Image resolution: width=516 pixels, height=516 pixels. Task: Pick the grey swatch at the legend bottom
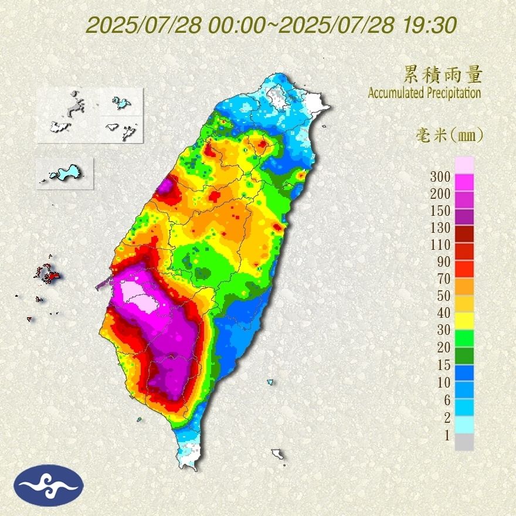tap(464, 442)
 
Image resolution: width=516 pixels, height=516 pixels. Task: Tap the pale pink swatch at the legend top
tap(464, 165)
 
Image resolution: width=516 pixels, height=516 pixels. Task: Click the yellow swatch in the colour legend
tap(464, 321)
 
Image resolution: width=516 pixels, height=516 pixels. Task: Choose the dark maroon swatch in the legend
tap(464, 235)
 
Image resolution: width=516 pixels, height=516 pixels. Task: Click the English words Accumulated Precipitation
tap(424, 93)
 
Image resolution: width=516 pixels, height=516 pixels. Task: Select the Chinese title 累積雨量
tap(443, 74)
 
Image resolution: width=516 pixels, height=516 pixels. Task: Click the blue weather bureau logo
tap(50, 485)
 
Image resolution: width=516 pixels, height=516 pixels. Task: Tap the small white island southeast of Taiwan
tap(278, 454)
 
